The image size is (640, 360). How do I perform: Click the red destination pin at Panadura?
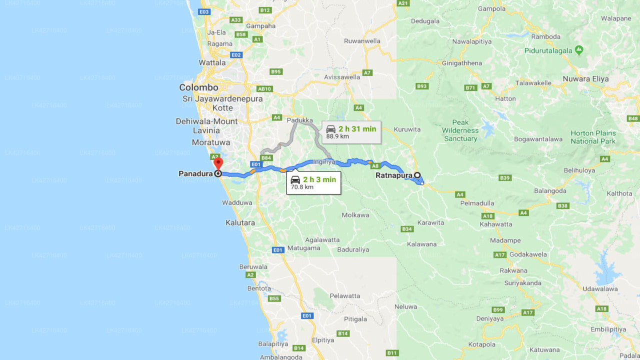[x=218, y=163]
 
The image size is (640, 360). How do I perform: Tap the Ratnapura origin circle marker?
[x=416, y=175]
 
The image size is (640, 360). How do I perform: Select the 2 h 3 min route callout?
[x=313, y=183]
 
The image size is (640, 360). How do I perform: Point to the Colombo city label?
[x=198, y=87]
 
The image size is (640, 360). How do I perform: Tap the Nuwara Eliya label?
[x=585, y=79]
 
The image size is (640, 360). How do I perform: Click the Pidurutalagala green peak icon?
[x=579, y=50]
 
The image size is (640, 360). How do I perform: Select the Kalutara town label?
[x=240, y=222]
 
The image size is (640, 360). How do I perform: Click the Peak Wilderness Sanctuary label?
[x=460, y=130]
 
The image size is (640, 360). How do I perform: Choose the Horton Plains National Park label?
[x=593, y=137]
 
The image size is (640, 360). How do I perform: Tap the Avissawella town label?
[x=342, y=77]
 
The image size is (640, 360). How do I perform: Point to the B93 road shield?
[x=422, y=86]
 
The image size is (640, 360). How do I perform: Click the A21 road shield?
[x=403, y=3]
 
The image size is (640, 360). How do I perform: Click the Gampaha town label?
[x=260, y=26]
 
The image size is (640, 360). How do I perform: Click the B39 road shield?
[x=505, y=178]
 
